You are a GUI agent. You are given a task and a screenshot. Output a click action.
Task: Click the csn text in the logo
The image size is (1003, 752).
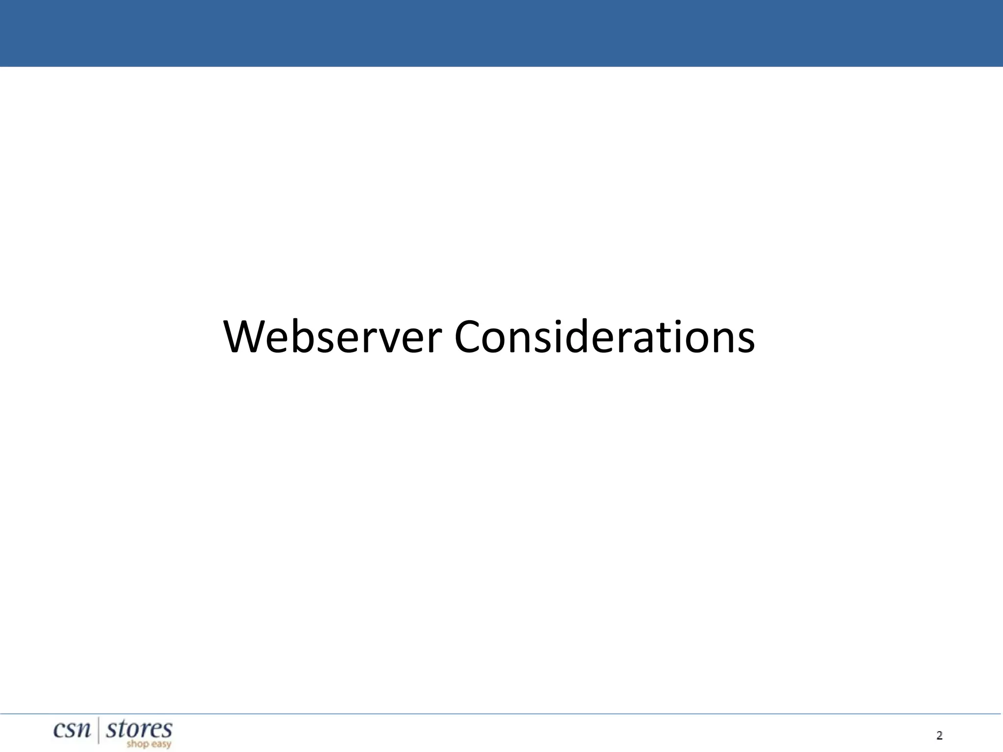pyautogui.click(x=72, y=730)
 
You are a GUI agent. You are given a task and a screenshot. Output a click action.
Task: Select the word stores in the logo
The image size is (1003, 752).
pyautogui.click(x=139, y=729)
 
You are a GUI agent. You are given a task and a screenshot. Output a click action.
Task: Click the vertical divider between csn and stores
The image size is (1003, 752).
pyautogui.click(x=99, y=730)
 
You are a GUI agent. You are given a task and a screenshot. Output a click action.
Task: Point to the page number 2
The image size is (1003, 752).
pyautogui.click(x=939, y=735)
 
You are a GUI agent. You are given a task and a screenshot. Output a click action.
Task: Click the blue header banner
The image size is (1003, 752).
pyautogui.click(x=501, y=33)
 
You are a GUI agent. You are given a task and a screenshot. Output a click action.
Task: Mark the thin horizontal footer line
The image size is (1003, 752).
pyautogui.click(x=501, y=714)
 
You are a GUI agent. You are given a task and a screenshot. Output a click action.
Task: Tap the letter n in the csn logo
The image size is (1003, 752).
pyautogui.click(x=84, y=731)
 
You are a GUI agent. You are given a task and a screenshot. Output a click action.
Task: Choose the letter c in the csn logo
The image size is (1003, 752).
pyautogui.click(x=59, y=731)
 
